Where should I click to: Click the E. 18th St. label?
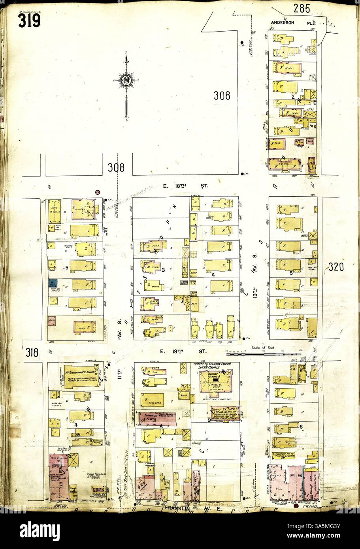point(186,184)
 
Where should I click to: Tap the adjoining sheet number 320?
point(336,267)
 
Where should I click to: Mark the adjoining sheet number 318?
point(32,352)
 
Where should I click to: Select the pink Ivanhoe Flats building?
point(157,419)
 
